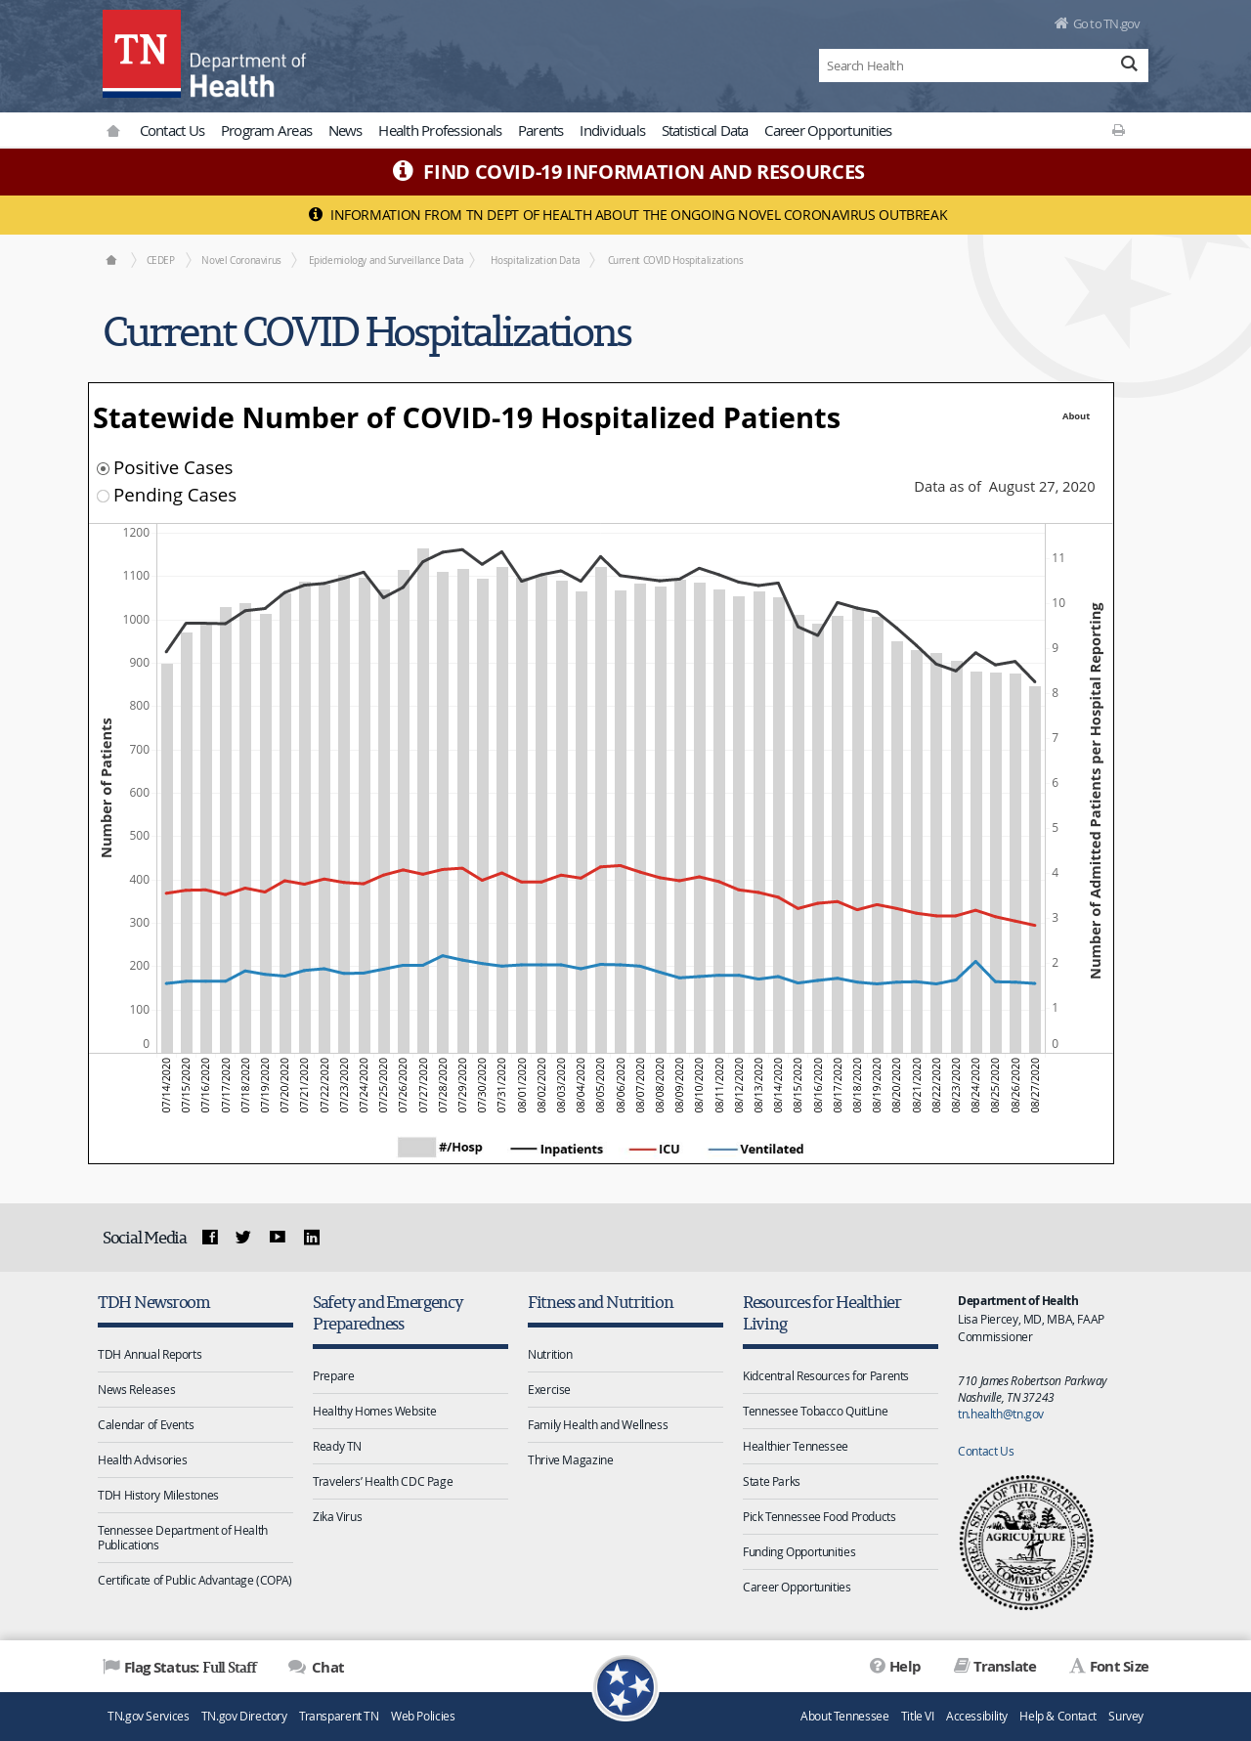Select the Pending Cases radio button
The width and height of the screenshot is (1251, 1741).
[x=103, y=496]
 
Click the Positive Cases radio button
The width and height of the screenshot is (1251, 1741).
[x=103, y=468]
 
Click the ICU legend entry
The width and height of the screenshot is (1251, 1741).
[x=654, y=1149]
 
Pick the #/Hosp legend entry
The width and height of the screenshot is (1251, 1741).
[x=440, y=1148]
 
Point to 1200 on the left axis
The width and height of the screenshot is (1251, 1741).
[x=136, y=533]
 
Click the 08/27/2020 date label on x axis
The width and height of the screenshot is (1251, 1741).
[x=1035, y=1085]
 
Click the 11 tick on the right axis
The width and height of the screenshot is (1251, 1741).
[x=1058, y=558]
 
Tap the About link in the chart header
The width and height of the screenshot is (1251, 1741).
[x=1076, y=416]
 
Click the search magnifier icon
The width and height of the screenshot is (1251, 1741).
[x=1129, y=65]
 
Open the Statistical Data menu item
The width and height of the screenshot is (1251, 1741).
[x=705, y=131]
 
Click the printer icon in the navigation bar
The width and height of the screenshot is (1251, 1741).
[x=1118, y=130]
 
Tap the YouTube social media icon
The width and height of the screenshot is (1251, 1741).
[x=278, y=1237]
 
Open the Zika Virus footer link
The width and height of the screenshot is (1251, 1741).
[x=337, y=1517]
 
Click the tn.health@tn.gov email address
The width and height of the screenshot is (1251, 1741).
[x=1001, y=1414]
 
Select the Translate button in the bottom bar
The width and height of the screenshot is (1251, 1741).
[x=995, y=1667]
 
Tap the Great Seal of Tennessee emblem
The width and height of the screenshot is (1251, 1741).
[x=1026, y=1543]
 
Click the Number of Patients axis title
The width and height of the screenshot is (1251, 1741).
[x=107, y=788]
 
